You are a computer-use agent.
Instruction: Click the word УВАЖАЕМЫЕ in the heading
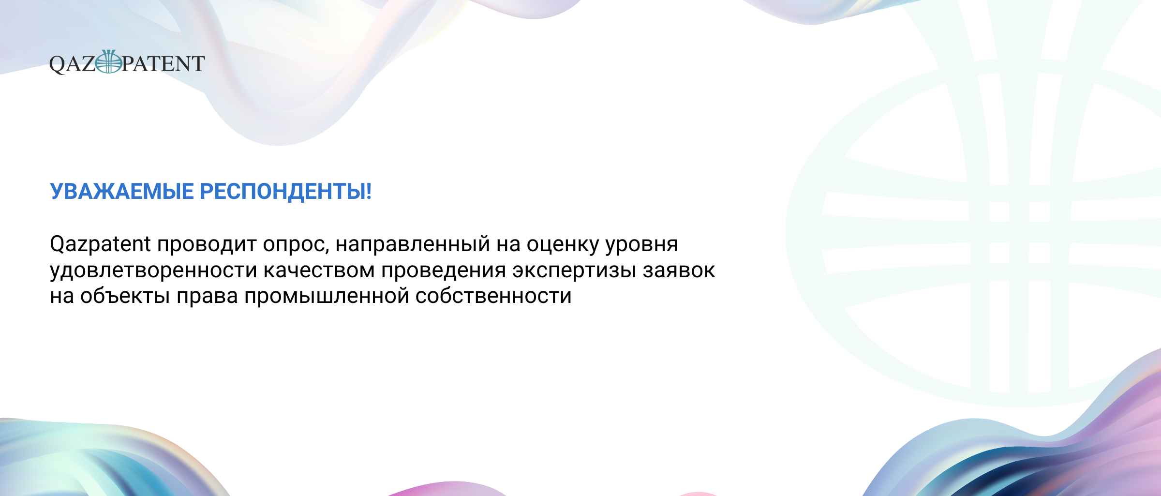coord(122,192)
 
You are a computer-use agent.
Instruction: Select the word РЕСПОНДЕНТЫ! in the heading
coord(286,192)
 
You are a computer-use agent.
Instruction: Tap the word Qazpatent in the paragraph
coord(101,244)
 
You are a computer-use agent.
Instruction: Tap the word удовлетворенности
coord(153,271)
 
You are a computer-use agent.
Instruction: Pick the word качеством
coord(319,271)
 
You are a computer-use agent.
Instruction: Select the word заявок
coord(679,271)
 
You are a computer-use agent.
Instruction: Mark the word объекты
coord(125,296)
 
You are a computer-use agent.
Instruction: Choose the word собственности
coord(493,296)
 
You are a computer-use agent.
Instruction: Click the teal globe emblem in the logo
coord(109,61)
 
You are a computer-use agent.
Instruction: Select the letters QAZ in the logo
coord(73,64)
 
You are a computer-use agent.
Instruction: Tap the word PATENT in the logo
coord(164,64)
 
